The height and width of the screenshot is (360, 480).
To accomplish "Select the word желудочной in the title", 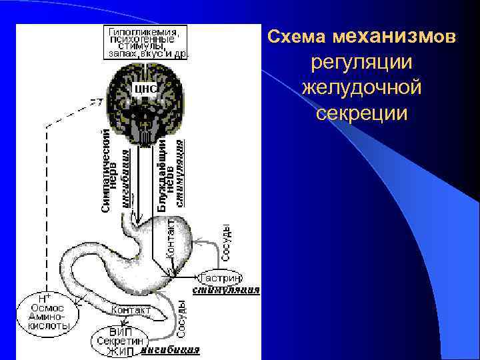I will pyautogui.click(x=362, y=87).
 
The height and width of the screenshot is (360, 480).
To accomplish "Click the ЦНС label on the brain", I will pyautogui.click(x=145, y=88).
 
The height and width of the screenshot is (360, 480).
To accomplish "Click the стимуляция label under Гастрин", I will pyautogui.click(x=226, y=291).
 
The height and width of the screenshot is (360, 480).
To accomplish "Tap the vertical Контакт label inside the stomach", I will pyautogui.click(x=170, y=237).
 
